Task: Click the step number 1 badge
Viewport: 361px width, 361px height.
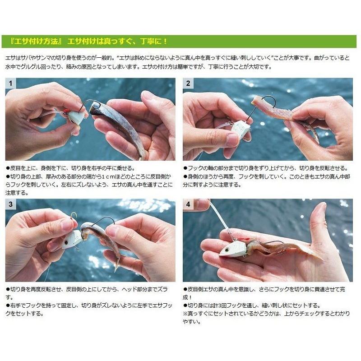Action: (x=10, y=83)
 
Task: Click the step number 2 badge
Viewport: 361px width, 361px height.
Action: (x=188, y=83)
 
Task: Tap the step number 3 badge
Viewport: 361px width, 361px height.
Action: (x=10, y=204)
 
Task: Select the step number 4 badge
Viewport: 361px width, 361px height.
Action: (x=188, y=204)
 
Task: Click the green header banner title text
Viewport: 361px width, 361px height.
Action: (x=88, y=42)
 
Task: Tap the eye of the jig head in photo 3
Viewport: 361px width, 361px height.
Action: (x=66, y=242)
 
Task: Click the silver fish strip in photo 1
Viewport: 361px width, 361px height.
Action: (x=120, y=127)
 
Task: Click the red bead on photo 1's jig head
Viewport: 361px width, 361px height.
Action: (x=65, y=111)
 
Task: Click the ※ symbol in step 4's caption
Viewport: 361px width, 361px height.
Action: (x=185, y=314)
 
